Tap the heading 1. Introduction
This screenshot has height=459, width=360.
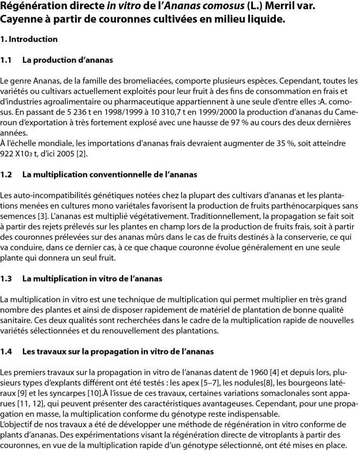pos(29,39)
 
